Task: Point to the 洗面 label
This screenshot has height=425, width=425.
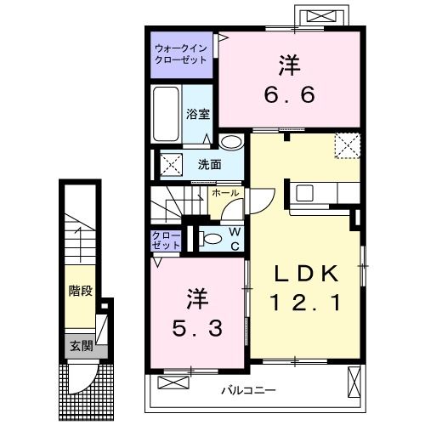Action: pos(210,164)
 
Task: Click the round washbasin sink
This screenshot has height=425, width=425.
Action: pos(229,142)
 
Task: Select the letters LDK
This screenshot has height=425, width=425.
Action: pos(307,274)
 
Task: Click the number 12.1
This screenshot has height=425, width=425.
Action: pos(306,301)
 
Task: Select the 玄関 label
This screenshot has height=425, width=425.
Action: pos(80,346)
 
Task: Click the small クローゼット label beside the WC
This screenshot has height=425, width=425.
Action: pos(167,239)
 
